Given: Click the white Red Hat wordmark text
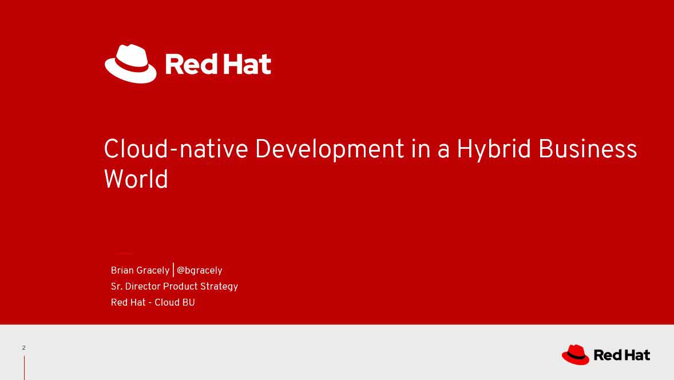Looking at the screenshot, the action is [219, 64].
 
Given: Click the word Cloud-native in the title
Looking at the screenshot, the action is [176, 149].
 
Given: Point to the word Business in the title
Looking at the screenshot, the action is [588, 149].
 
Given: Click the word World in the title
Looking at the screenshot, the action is [136, 179].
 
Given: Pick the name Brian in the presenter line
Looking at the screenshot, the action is [122, 270].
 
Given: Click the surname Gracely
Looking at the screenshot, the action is [153, 271].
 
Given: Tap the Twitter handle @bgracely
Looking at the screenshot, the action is [200, 271].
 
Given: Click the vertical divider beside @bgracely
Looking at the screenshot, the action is [173, 270].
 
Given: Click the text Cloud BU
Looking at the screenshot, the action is [175, 302].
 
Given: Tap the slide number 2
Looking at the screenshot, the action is [23, 348].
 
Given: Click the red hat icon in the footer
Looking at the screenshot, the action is [576, 355].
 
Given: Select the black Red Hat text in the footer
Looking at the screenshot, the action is [621, 355].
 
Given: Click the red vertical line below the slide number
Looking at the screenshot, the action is [24, 368].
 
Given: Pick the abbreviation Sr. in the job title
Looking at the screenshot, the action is [117, 286].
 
